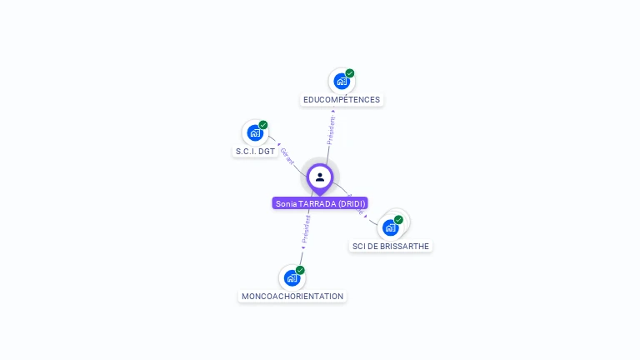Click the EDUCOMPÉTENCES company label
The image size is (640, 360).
point(342,100)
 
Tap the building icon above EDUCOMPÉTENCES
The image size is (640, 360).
point(341,81)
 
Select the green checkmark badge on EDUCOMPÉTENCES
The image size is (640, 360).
point(350,73)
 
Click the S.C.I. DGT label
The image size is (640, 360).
point(255,152)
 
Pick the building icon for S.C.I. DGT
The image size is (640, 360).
point(254,132)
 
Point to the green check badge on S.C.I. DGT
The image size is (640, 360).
point(263,125)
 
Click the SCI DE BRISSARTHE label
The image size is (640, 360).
point(391,247)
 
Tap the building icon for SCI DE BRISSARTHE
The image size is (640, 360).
point(390,227)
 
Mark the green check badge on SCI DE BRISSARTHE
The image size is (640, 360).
point(398,220)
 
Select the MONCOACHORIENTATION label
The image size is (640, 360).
point(292,297)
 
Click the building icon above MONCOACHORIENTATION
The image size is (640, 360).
point(292,277)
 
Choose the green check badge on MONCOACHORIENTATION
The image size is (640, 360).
point(300,270)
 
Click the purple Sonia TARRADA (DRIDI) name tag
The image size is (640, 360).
point(320,203)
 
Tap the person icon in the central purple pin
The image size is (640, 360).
point(320,177)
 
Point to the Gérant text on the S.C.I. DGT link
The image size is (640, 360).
point(287,156)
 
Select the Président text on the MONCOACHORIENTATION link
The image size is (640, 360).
point(306,229)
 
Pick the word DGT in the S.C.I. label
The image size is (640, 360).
point(267,152)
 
